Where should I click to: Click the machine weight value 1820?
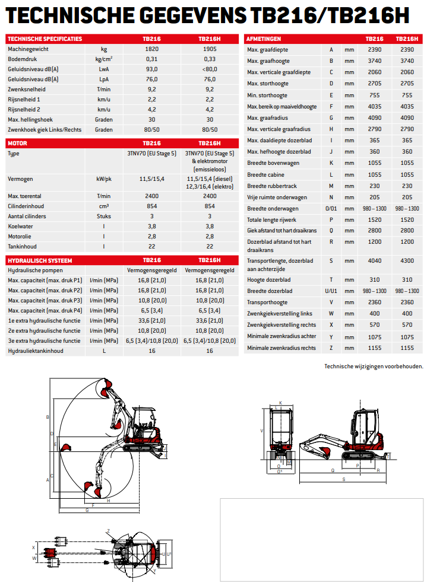(151, 49)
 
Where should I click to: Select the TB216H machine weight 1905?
(209, 49)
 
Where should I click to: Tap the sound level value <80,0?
(209, 69)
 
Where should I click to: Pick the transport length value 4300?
(407, 260)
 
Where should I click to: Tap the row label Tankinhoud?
(22, 246)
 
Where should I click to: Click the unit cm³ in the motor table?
(103, 206)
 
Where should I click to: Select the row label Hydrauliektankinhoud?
(35, 351)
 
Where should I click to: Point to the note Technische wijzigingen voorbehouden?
(374, 366)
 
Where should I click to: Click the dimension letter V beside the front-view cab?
(262, 431)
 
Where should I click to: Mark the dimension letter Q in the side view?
(332, 470)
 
